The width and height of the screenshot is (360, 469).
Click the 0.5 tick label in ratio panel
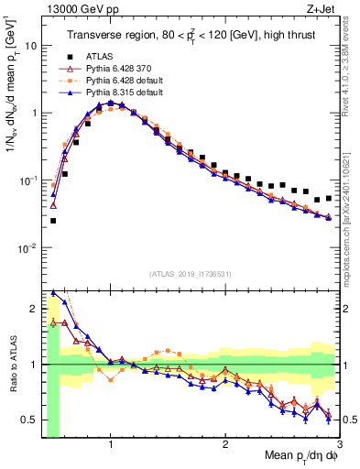pyautogui.click(x=31, y=420)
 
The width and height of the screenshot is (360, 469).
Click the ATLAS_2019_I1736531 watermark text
pyautogui.click(x=189, y=273)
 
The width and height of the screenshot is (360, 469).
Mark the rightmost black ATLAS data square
pyautogui.click(x=329, y=197)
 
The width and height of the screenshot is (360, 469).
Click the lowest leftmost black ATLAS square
pyautogui.click(x=53, y=221)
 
